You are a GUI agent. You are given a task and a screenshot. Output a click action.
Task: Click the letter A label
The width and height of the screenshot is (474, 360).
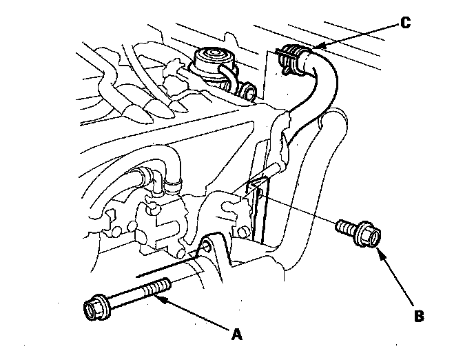coord(237,334)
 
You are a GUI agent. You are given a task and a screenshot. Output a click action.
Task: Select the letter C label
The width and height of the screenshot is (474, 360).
coord(405,23)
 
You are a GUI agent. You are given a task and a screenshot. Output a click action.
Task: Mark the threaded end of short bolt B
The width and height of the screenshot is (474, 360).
coord(343,226)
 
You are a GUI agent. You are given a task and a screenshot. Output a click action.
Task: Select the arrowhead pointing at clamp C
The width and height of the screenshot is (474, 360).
coord(318,47)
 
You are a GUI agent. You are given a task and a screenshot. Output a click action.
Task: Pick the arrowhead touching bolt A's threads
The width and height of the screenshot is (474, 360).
coord(159,299)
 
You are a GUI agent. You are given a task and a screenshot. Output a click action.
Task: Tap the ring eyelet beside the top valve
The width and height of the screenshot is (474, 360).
coord(249,90)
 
